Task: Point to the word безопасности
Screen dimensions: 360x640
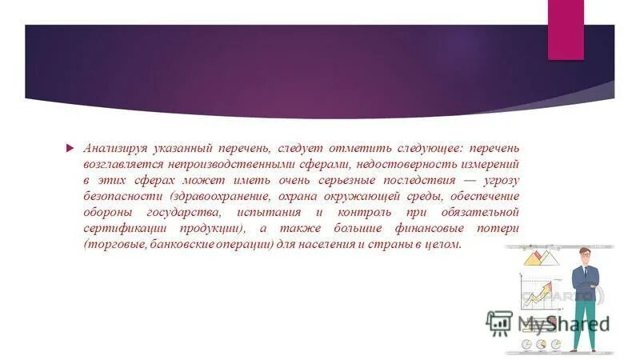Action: click(x=120, y=196)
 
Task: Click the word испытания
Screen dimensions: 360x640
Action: click(x=269, y=212)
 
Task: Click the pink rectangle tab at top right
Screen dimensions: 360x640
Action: click(x=566, y=29)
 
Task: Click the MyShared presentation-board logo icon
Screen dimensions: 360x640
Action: click(x=499, y=322)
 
